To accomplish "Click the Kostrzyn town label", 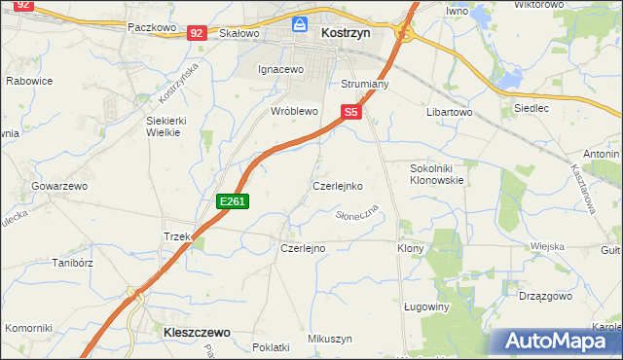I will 344,33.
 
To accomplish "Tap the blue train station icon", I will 301,22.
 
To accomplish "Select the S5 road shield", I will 351,113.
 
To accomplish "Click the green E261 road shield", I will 234,201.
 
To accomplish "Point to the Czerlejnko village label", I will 338,185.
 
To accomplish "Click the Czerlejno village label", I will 303,248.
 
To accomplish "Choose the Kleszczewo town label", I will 194,333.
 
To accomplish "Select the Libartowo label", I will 449,112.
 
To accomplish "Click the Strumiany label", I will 365,85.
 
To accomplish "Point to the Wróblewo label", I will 295,112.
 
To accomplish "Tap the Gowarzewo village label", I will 59,185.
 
